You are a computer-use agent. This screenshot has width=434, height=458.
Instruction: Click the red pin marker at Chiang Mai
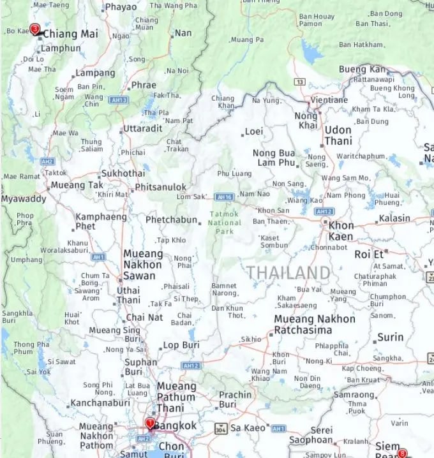coord(35,29)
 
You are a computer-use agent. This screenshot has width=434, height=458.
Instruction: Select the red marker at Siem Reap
coord(402,453)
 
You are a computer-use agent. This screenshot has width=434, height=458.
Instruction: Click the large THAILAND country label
coord(289,273)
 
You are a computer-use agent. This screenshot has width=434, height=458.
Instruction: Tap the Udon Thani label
coord(338,135)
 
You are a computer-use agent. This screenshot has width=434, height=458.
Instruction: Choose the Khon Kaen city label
coord(341,231)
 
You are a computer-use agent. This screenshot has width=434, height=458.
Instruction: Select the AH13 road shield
coord(119,100)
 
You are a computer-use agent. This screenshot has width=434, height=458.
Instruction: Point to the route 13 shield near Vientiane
coord(299,82)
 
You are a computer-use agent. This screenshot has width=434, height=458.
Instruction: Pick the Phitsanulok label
coord(160,188)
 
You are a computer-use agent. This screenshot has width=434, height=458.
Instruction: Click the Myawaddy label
coord(24,198)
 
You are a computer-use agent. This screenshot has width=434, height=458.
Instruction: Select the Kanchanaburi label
coord(97,403)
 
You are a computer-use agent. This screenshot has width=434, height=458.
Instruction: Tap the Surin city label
coord(390,337)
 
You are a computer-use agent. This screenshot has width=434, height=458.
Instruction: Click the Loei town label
coord(254,132)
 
